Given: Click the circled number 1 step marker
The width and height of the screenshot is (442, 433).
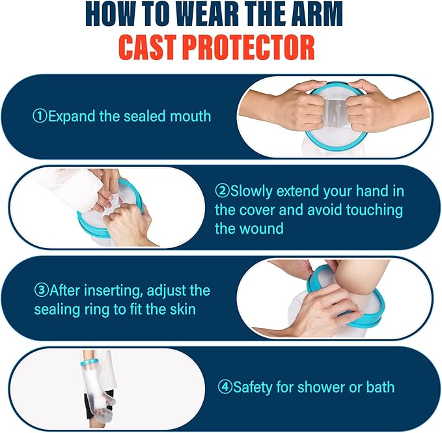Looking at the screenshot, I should pyautogui.click(x=40, y=117).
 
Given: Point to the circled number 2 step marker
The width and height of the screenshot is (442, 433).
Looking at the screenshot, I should pyautogui.click(x=221, y=191).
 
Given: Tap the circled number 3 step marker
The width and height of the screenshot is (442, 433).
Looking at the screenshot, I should pyautogui.click(x=40, y=290).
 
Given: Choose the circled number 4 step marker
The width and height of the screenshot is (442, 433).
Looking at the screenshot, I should pyautogui.click(x=225, y=387).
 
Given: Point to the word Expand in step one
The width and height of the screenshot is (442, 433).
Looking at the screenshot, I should pyautogui.click(x=70, y=117).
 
